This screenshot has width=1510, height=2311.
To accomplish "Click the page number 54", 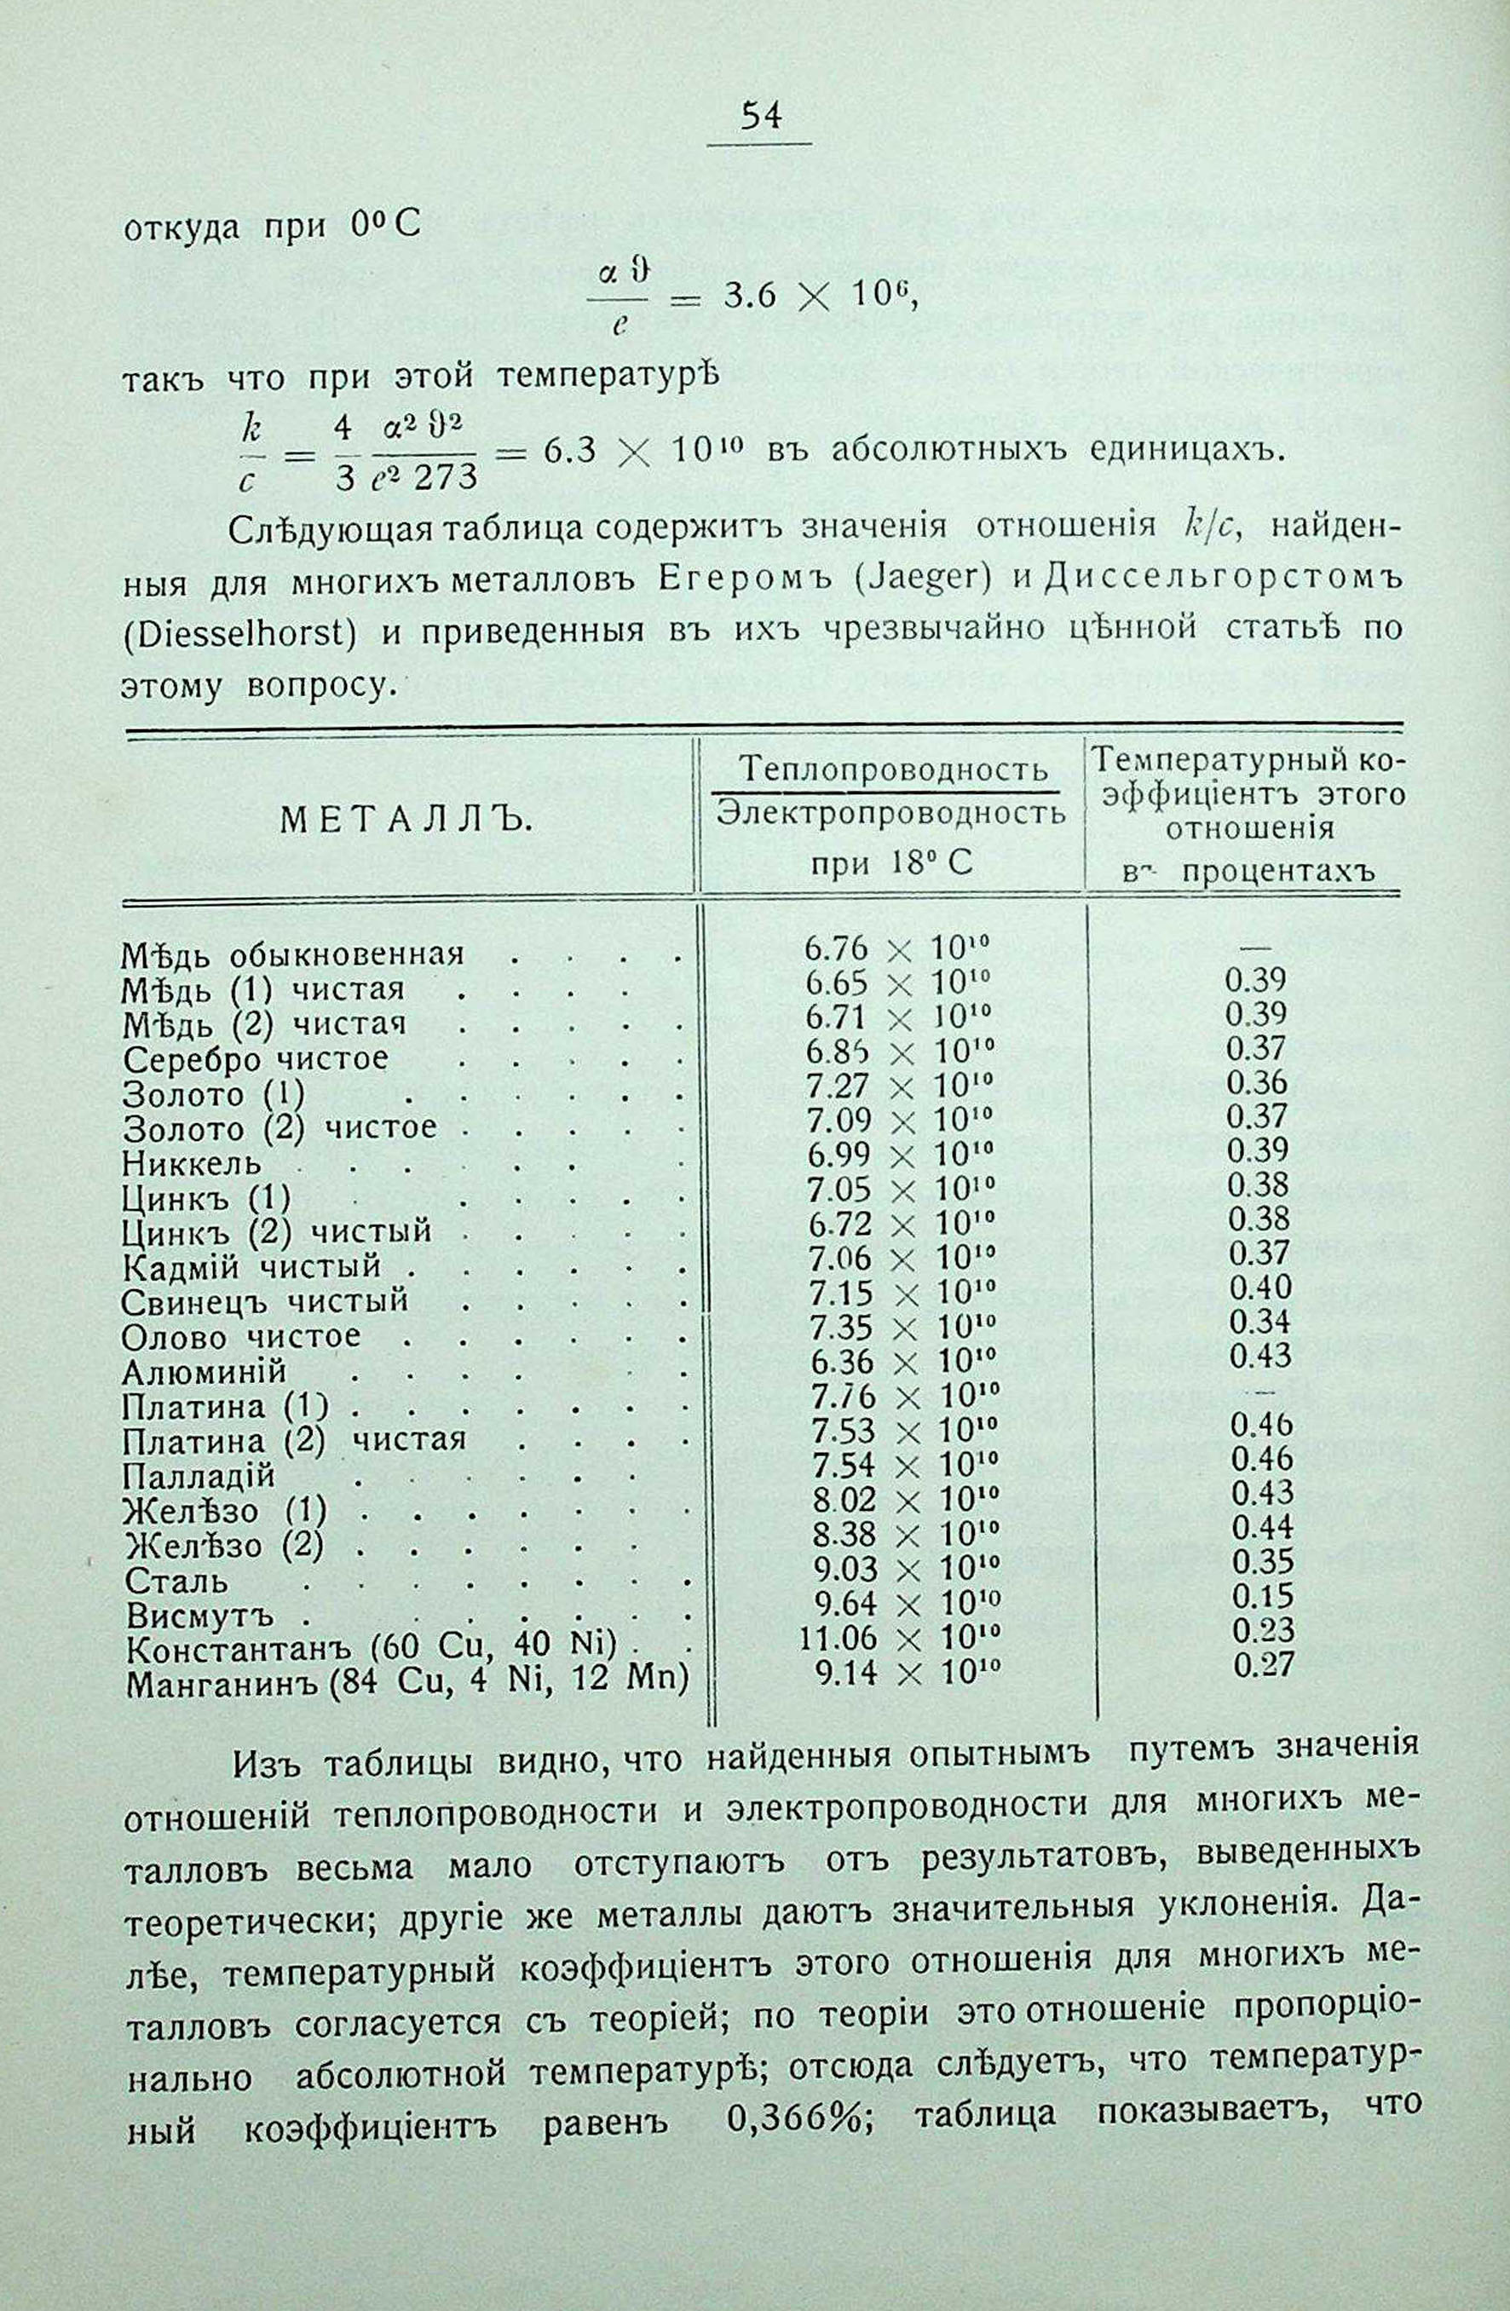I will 759,116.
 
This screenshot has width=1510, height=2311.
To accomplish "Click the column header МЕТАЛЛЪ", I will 406,821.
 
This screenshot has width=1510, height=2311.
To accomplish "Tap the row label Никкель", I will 193,1162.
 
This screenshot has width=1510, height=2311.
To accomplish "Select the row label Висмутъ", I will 200,1617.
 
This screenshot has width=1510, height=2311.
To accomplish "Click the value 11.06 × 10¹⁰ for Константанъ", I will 898,1638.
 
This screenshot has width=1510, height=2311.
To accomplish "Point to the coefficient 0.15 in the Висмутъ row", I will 1262,1596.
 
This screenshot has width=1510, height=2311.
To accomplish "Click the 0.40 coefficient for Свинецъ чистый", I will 1260,1288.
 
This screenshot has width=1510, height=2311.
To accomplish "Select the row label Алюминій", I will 205,1371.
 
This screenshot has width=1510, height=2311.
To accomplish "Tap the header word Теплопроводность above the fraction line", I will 893,770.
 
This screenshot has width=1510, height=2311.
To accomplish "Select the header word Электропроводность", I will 890,814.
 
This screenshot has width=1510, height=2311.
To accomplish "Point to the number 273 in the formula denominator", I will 447,475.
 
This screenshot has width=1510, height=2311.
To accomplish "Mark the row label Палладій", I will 199,1476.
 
